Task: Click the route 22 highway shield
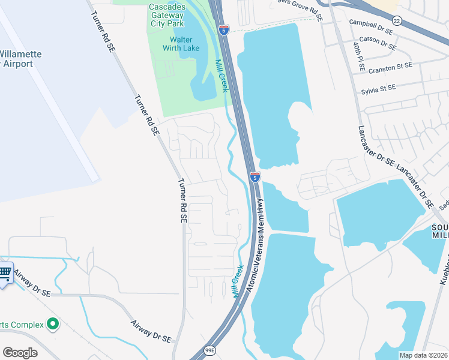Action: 397,21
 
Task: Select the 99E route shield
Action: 209,350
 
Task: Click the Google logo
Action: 20,353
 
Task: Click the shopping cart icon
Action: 5,273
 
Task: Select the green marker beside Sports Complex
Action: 53,325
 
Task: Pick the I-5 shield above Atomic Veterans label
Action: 255,176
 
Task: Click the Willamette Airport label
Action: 21,59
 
